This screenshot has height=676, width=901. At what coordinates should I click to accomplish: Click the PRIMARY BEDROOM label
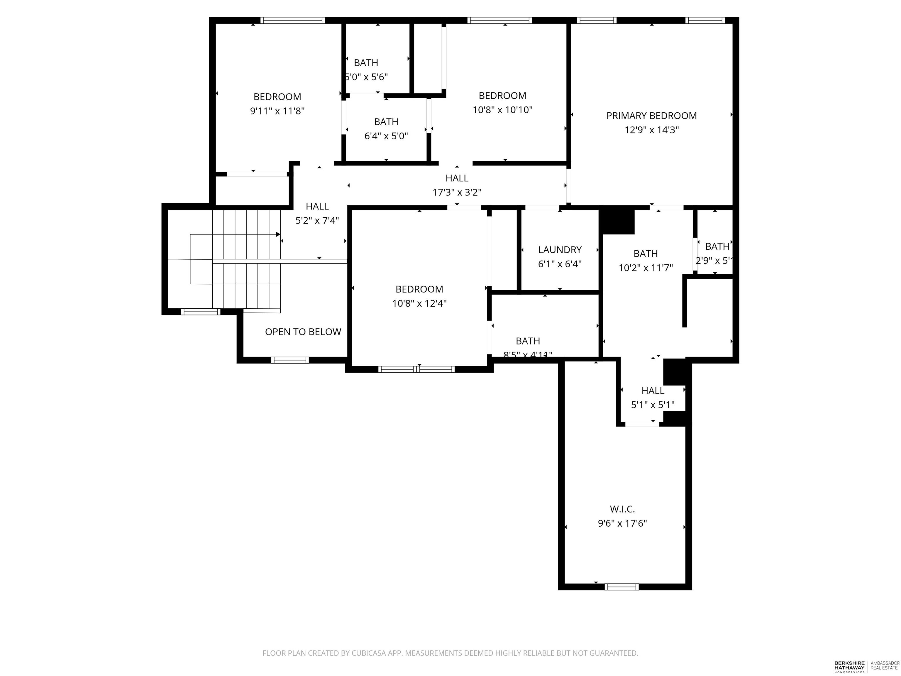(651, 116)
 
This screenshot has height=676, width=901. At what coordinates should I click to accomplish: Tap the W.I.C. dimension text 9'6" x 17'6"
(622, 523)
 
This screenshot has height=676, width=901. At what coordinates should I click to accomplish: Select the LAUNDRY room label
(560, 250)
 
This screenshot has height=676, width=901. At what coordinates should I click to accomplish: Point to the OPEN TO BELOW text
(303, 332)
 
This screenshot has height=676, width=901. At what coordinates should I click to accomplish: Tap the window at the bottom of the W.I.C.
(621, 587)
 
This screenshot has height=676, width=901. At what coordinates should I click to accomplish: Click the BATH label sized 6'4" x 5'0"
(386, 122)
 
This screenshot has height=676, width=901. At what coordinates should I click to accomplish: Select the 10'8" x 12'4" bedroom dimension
(419, 303)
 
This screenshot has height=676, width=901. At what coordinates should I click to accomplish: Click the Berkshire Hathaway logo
(849, 667)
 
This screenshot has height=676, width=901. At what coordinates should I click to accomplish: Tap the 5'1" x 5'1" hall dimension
(653, 405)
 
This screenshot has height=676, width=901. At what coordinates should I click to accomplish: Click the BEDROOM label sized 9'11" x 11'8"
(277, 97)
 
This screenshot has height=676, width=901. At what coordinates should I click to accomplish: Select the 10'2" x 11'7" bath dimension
(646, 268)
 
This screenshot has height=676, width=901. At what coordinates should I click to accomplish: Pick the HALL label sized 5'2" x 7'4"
(317, 206)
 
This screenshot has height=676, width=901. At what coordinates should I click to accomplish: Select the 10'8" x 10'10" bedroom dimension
(502, 110)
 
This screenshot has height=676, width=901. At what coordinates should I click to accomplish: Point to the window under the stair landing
(200, 312)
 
